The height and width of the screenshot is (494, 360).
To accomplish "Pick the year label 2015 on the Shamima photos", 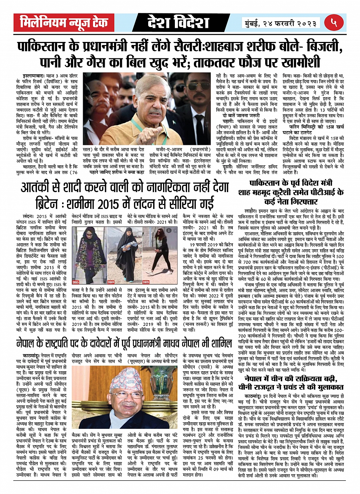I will pyautogui.click(x=76, y=282).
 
